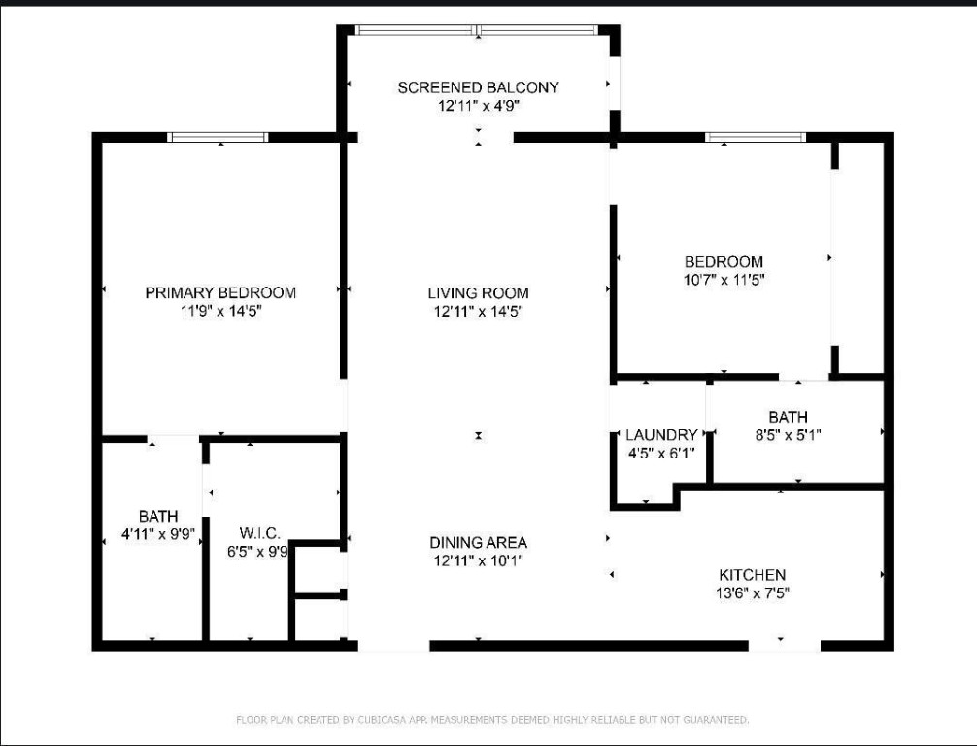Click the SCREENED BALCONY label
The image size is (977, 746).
point(478,87)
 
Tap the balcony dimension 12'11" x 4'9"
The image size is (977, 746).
point(478,106)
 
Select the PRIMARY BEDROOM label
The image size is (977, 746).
point(220,292)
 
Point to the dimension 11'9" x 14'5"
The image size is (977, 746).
point(220,311)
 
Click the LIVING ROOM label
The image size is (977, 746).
point(478,292)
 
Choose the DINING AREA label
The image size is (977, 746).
point(478,542)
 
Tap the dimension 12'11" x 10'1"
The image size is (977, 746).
point(478,560)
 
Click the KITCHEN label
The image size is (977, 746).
point(752,575)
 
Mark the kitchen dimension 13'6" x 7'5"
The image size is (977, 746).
point(752,593)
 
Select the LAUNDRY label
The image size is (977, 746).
point(661,435)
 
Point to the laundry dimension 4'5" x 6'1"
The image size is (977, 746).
point(661,453)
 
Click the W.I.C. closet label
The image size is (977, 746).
point(259,533)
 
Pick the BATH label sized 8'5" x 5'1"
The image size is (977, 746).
point(788,417)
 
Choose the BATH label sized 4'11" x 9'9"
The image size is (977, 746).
point(157,516)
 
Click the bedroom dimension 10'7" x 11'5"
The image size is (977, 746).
point(724,280)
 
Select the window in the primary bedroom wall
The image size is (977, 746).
point(218,137)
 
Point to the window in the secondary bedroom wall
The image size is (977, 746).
point(756,137)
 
